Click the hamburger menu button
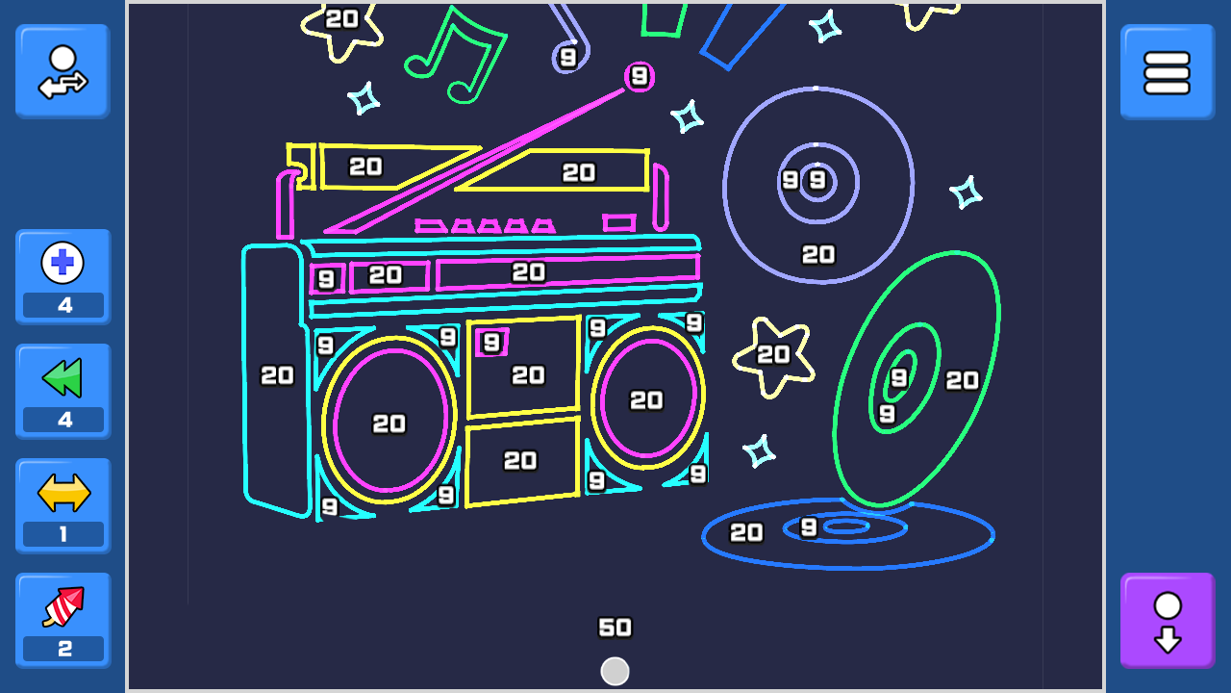click(x=1168, y=72)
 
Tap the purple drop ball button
click(x=1168, y=621)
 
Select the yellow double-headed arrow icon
click(x=63, y=493)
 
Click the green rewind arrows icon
click(x=63, y=377)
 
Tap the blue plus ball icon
click(x=63, y=263)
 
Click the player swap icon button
click(x=63, y=71)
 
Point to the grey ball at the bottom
click(x=615, y=672)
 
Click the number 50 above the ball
click(x=615, y=628)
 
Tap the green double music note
click(x=456, y=55)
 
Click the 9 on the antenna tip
click(x=640, y=76)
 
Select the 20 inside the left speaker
click(x=389, y=423)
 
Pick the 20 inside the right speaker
click(x=646, y=400)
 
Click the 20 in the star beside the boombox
click(x=773, y=355)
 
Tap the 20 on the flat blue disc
click(x=746, y=532)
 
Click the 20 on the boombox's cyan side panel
click(x=277, y=375)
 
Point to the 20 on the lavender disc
click(x=818, y=255)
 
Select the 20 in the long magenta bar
click(x=529, y=272)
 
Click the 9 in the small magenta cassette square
click(x=491, y=343)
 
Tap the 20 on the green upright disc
click(x=962, y=380)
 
